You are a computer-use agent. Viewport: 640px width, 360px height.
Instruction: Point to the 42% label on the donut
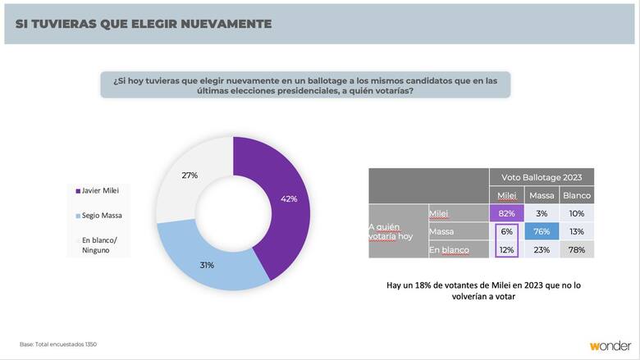[x=289, y=199]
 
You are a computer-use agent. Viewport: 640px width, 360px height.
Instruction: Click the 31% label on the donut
[x=206, y=265]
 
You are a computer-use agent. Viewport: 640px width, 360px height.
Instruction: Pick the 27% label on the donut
[x=190, y=174]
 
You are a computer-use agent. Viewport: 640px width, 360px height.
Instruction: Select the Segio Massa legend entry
[x=101, y=215]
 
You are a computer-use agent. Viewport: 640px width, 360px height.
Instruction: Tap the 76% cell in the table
[x=542, y=231]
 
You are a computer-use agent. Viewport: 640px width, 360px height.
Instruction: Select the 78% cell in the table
[x=577, y=249]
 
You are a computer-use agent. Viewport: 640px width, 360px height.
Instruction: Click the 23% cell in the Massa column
[x=542, y=249]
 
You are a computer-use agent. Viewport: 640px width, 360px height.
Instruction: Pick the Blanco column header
[x=577, y=195]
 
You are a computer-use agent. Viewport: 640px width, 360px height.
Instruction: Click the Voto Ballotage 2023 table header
[x=542, y=177]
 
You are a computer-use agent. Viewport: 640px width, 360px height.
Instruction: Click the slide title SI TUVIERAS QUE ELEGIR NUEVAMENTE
[x=144, y=24]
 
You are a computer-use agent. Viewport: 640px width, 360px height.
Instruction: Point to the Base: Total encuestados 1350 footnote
[x=58, y=344]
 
